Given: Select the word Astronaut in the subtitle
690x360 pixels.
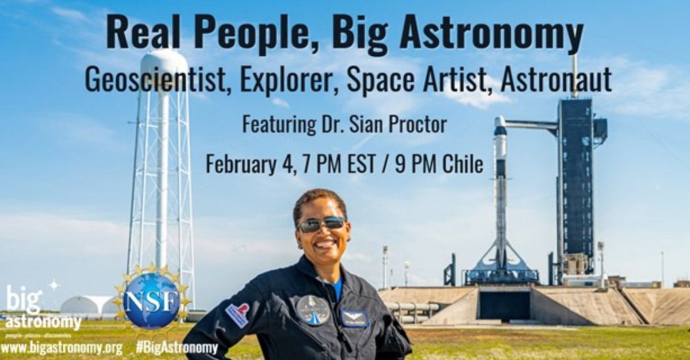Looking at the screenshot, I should [556, 81].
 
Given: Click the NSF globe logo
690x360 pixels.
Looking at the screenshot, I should [152, 300].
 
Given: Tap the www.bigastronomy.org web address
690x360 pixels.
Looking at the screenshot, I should [62, 348].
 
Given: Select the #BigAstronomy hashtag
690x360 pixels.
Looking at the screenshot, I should [177, 348].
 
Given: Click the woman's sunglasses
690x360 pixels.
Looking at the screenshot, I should [321, 224].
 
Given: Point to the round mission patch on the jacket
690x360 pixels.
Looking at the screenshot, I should [313, 309].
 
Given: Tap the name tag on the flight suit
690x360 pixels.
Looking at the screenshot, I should [354, 317].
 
